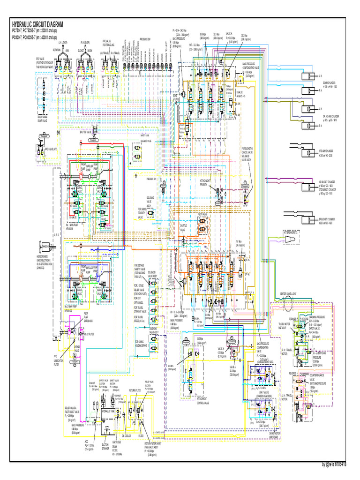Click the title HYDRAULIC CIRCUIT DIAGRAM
(37, 24)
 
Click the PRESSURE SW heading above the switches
(145, 40)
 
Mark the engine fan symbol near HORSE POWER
(45, 245)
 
